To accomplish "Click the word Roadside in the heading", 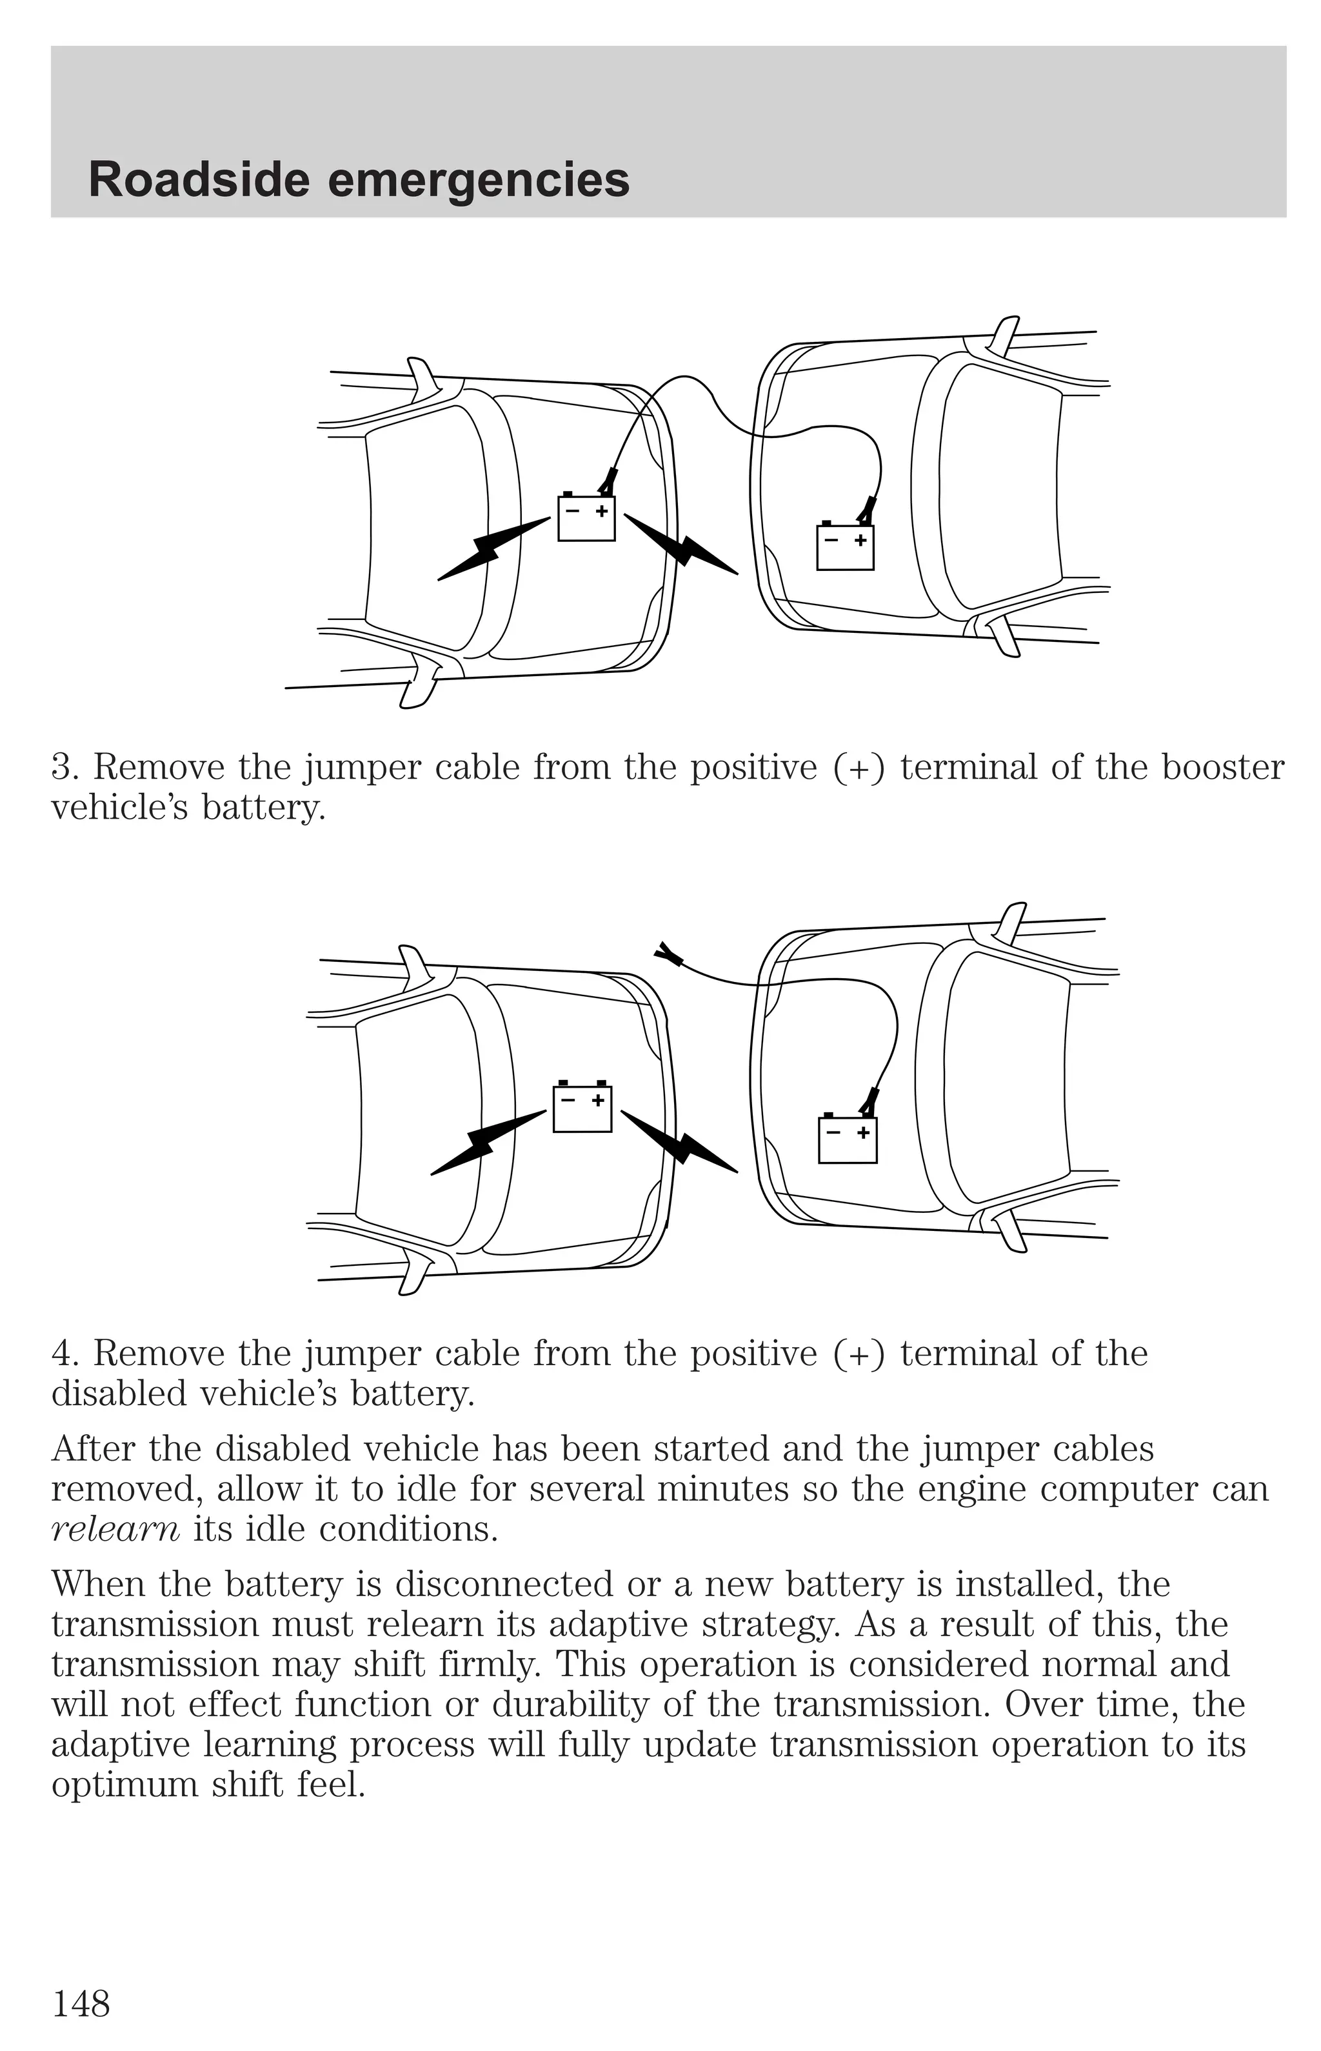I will tap(198, 181).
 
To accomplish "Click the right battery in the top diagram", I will tap(845, 548).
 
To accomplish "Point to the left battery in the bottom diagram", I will tap(582, 1108).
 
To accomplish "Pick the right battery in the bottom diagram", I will tap(848, 1139).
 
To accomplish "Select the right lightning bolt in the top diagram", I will tap(681, 546).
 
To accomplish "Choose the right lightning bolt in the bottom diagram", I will tap(679, 1142).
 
